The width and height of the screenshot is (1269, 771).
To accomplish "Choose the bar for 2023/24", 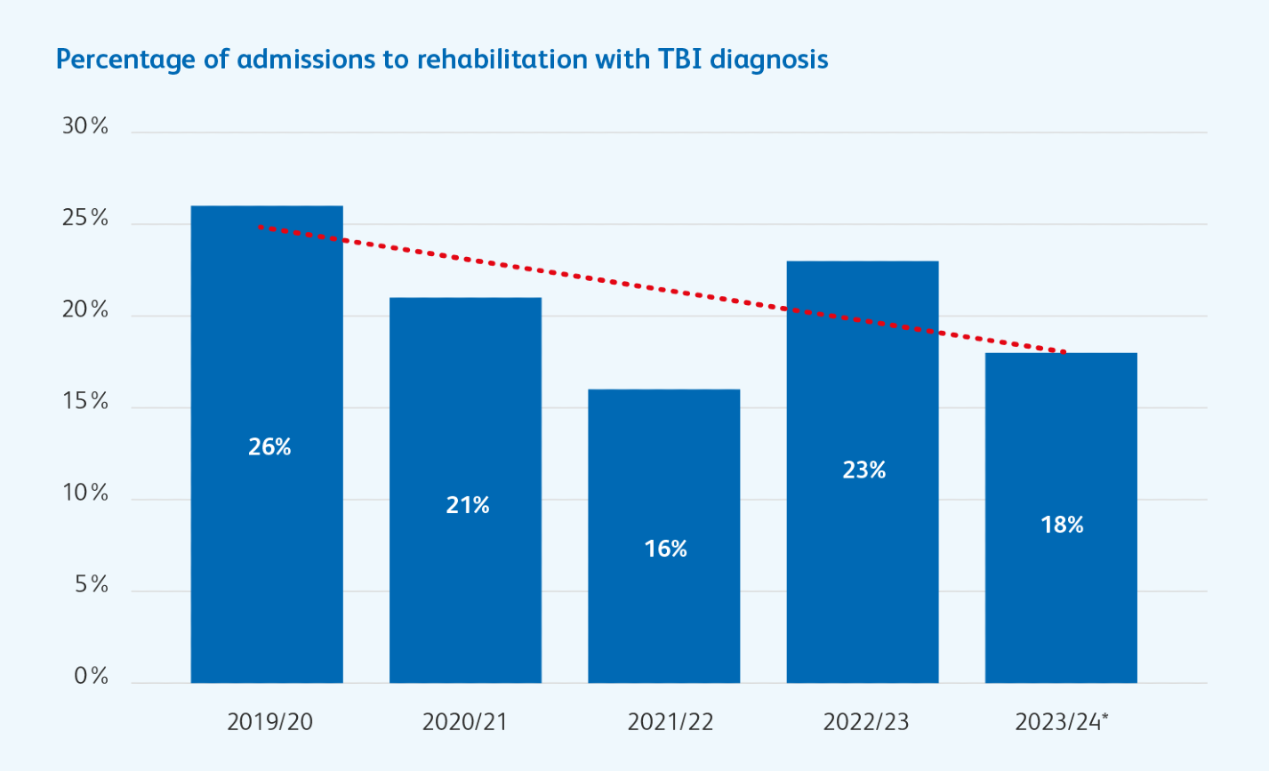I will click(1060, 605).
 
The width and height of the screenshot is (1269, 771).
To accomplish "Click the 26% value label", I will click(269, 446).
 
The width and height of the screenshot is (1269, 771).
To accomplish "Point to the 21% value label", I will click(468, 505).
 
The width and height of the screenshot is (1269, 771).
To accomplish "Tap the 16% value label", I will click(666, 549).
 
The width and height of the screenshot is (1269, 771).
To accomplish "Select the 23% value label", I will click(864, 470).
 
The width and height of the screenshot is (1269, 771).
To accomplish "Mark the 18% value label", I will click(1063, 525).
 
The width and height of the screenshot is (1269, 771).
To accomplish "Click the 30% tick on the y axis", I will click(85, 126).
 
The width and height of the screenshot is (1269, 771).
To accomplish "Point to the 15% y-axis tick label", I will click(85, 402).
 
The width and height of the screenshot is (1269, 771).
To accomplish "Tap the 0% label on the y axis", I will click(91, 677).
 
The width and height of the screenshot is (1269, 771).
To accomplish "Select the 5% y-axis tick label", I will click(91, 585).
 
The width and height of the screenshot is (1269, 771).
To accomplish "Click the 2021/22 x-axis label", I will click(671, 721).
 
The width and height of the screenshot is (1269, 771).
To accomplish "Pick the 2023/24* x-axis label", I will click(1062, 721).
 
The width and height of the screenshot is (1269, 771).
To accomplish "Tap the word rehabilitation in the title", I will click(502, 60).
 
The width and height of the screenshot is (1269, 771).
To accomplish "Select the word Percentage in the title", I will click(112, 60).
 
